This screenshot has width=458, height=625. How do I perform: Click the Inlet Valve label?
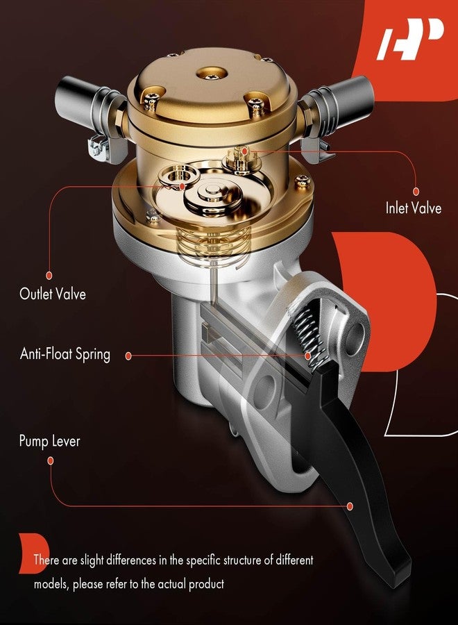click(413, 208)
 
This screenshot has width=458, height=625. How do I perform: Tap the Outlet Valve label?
click(53, 294)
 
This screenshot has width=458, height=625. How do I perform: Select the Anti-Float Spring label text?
click(65, 354)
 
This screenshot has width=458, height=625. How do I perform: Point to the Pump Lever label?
click(49, 441)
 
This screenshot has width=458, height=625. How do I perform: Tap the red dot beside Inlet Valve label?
click(416, 190)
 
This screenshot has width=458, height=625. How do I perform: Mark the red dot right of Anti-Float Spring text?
click(128, 356)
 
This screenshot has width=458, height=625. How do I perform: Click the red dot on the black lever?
click(350, 506)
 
